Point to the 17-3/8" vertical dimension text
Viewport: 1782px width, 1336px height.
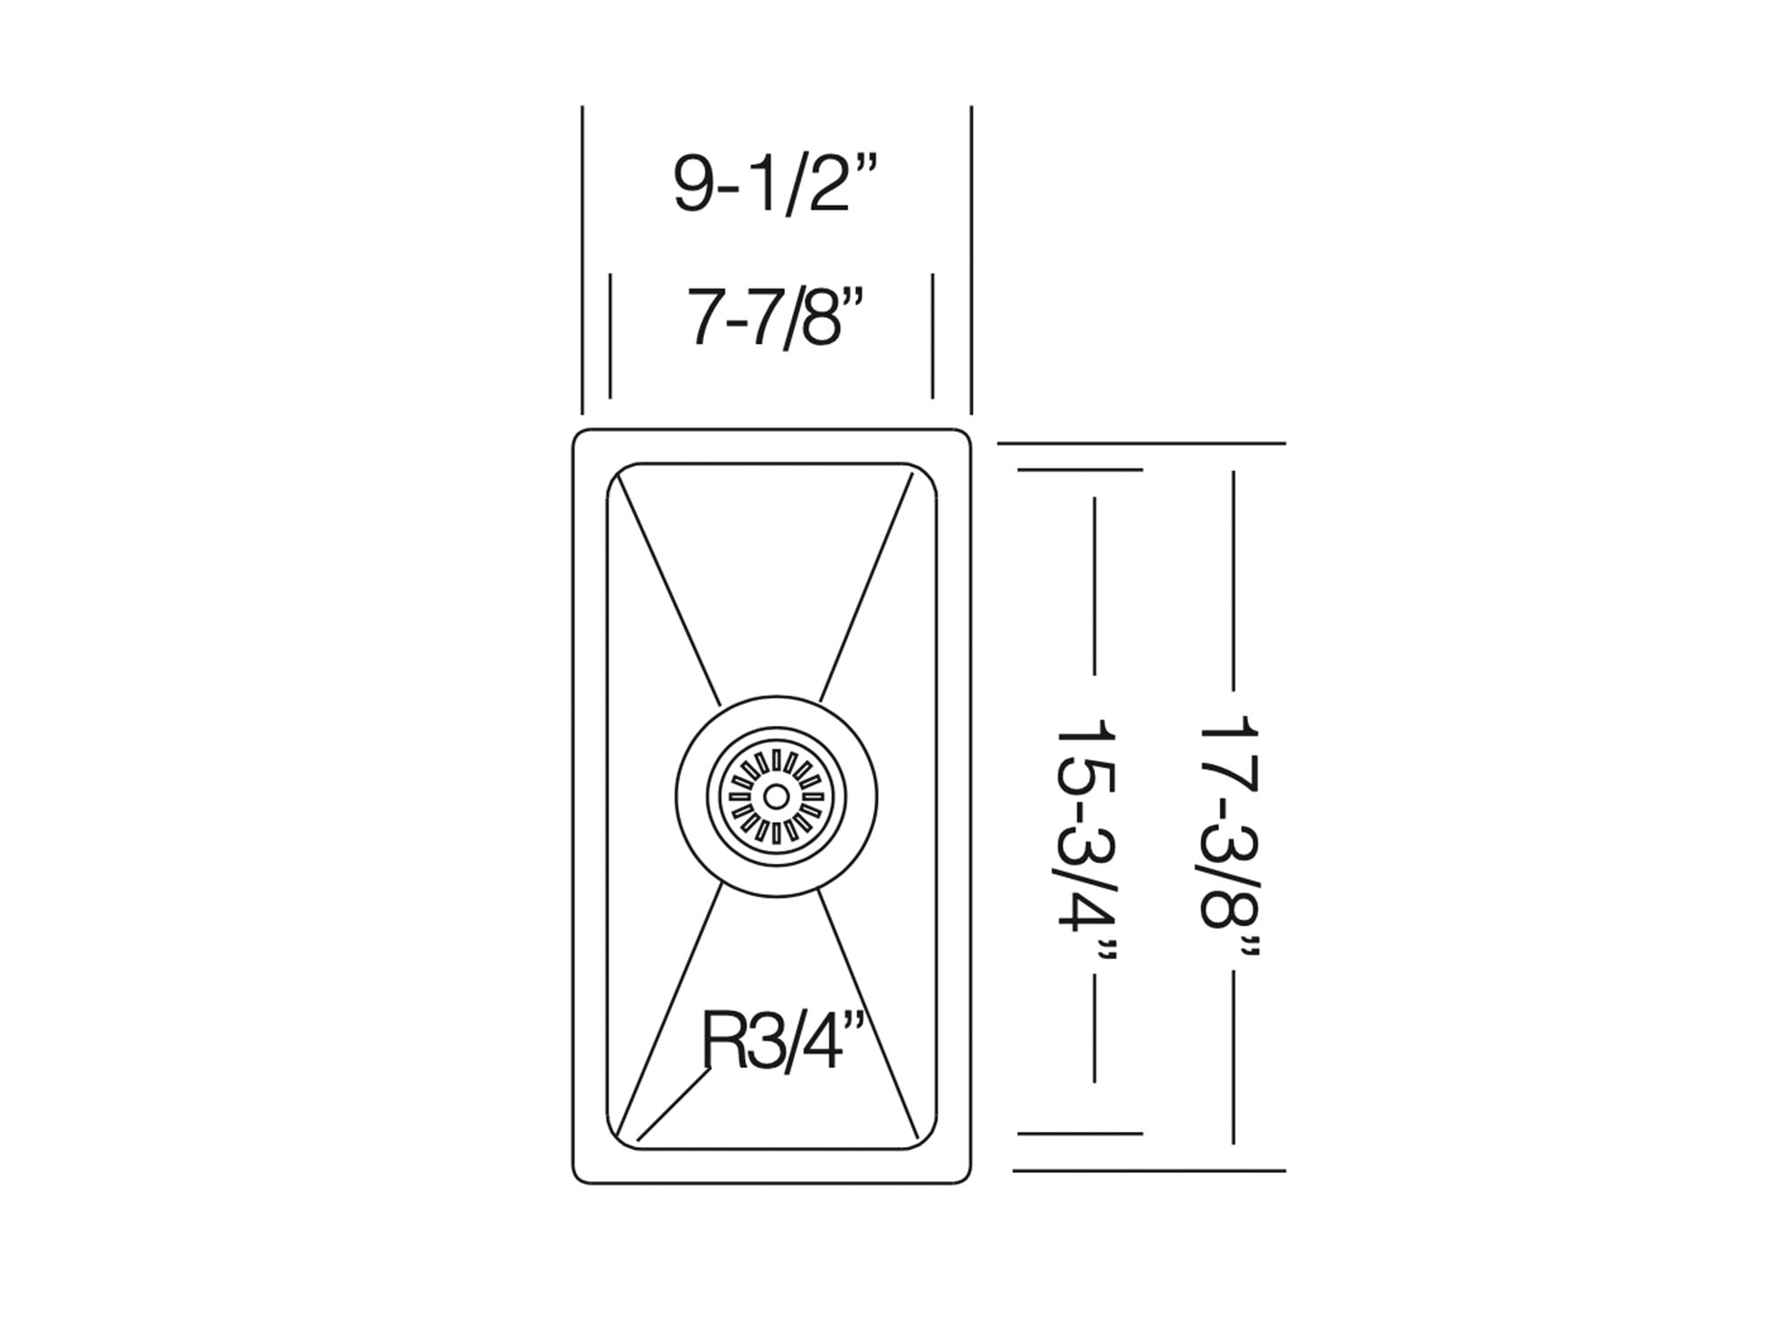point(1230,838)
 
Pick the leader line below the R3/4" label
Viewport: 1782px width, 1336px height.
point(674,1104)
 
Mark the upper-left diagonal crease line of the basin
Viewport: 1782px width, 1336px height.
point(668,589)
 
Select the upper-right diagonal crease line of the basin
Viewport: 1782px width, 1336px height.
point(866,589)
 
